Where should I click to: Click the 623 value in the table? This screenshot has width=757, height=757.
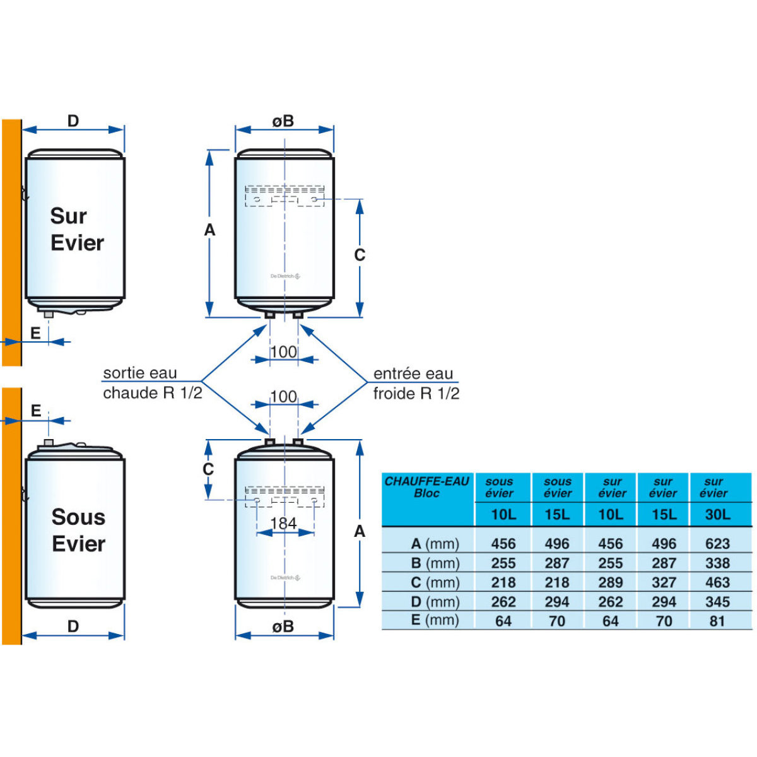(717, 544)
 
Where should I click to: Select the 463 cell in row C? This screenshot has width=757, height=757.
(717, 582)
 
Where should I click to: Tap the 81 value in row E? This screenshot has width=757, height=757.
(717, 621)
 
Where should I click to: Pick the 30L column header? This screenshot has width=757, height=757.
(717, 515)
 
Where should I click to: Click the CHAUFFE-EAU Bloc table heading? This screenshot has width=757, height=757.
(427, 487)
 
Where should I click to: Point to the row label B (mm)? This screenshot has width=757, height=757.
(435, 563)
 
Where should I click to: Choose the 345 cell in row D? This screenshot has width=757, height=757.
(717, 602)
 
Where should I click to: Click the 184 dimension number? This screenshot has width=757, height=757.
(283, 524)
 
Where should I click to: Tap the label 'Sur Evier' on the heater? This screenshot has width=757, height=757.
(76, 230)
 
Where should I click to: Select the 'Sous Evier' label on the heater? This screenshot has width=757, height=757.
(78, 531)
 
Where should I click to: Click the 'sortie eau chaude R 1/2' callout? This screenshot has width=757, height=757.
(152, 383)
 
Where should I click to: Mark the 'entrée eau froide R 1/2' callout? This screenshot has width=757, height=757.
(416, 384)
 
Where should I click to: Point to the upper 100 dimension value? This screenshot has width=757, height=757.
(283, 352)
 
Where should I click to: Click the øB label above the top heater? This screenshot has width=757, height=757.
(283, 121)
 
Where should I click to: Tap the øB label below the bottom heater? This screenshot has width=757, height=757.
(283, 627)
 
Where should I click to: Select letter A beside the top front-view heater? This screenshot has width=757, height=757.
(210, 231)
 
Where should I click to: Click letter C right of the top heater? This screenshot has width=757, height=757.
(360, 255)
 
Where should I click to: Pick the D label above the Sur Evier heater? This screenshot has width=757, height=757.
(73, 121)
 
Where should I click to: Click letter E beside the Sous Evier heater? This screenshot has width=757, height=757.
(36, 411)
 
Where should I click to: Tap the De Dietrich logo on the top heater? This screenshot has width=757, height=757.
(285, 276)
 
